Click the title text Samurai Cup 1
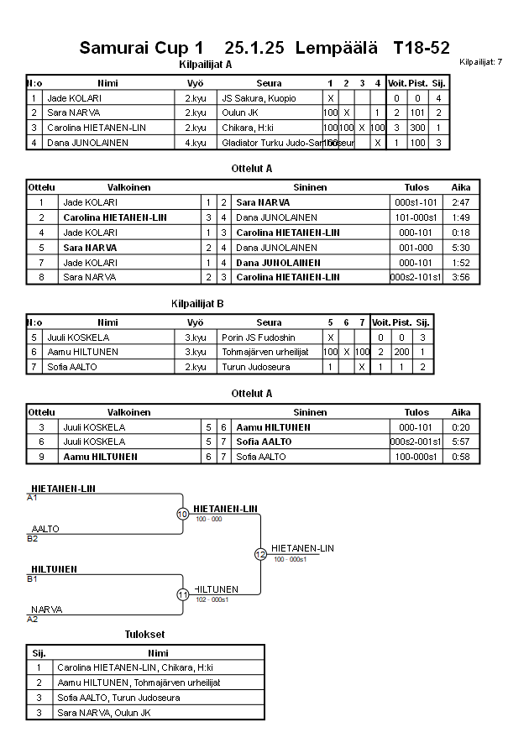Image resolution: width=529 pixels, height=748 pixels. (x=141, y=48)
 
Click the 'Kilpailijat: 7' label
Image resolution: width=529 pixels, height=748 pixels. (x=481, y=61)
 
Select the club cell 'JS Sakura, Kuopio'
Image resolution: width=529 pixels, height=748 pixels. (x=259, y=98)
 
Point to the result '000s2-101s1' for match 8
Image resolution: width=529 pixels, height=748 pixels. (x=416, y=276)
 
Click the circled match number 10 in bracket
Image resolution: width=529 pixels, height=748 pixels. (x=182, y=514)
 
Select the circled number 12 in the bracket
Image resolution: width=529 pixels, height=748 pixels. (x=260, y=554)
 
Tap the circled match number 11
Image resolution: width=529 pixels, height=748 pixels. (x=182, y=594)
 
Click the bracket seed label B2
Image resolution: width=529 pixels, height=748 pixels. (x=33, y=538)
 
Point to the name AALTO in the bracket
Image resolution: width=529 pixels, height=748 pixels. (x=45, y=529)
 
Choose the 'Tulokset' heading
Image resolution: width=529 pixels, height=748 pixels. (x=144, y=634)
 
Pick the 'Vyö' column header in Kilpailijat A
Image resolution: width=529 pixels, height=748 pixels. (x=195, y=83)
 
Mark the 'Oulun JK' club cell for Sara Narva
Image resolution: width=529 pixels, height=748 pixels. (x=241, y=112)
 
